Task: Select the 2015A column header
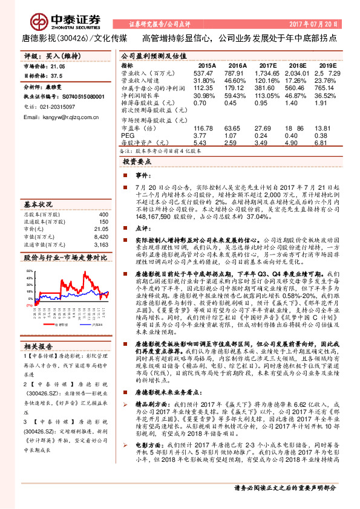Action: point(206,65)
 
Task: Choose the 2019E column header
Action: point(327,65)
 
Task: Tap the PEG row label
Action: point(127,136)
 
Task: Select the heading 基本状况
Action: point(38,204)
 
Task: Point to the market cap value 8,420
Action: point(101,238)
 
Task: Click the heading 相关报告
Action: point(38,346)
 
